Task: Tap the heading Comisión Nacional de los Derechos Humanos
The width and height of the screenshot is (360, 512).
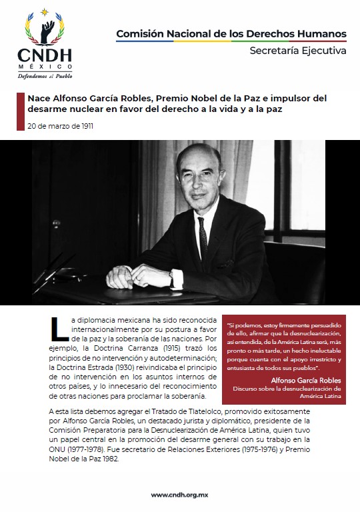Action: tap(231, 33)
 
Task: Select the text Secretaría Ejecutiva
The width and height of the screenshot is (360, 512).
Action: tap(298, 51)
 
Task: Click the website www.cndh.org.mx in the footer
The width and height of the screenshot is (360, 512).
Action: tap(179, 495)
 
